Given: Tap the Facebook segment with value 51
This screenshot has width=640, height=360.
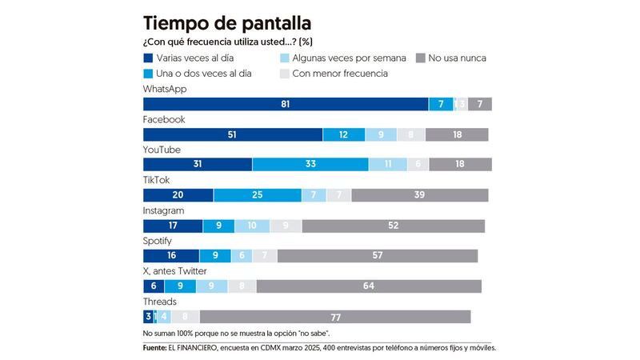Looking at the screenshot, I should [x=233, y=135].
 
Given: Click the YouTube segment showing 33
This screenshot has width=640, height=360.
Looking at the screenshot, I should [x=310, y=165].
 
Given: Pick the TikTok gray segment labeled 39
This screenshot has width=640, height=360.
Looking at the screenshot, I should [x=420, y=195].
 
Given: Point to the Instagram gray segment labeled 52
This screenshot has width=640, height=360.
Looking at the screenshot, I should [x=393, y=226].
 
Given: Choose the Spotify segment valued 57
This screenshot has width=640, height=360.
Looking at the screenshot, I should [x=378, y=256].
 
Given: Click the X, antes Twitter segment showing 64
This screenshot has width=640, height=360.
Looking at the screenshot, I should [x=369, y=286].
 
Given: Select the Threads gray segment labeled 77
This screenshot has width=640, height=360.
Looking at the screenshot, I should [x=335, y=317].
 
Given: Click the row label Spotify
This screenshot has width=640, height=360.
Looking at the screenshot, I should [x=158, y=241].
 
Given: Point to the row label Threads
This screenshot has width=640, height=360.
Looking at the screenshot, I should [x=160, y=302].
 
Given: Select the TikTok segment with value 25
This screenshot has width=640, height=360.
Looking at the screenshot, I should [x=258, y=195].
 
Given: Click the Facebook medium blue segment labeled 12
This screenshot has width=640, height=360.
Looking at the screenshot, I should [x=343, y=135].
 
